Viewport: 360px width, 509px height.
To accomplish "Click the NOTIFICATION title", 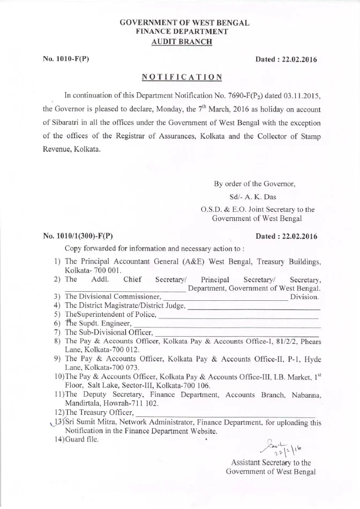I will tap(182, 77).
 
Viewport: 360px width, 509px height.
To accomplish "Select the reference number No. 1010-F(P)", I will tap(65, 59).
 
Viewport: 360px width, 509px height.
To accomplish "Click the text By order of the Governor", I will tap(254, 184).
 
